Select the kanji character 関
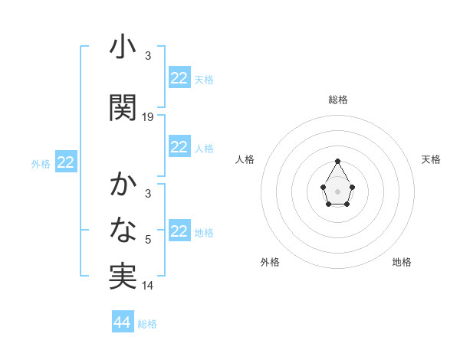pos(123,108)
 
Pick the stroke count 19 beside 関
pos(148,116)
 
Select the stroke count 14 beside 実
pos(148,286)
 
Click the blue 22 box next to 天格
pos(179,78)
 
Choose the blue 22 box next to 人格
pos(179,147)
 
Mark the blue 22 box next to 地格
pos(179,231)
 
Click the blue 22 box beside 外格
pos(66,162)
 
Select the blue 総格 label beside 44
pos(147,324)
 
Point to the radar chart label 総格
pos(337,100)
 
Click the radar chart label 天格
pos(431,159)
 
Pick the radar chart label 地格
pos(402,262)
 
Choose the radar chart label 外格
pos(270,262)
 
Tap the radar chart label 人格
pos(245,159)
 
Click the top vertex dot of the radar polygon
pos(337,161)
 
